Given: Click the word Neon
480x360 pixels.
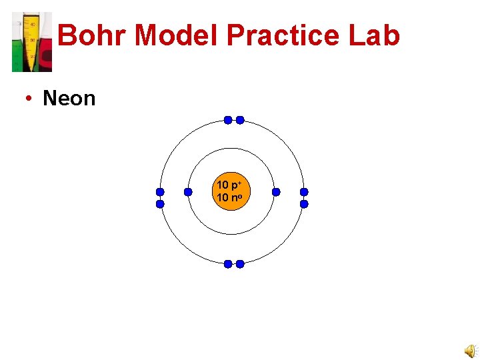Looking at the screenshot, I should click(69, 99).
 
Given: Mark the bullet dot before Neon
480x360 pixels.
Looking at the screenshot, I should click(29, 99).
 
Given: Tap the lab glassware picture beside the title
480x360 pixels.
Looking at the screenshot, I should click(31, 42).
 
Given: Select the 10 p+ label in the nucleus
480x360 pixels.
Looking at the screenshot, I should click(230, 185).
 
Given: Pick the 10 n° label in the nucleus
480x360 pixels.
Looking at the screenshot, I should click(230, 197).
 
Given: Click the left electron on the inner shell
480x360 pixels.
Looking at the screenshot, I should click(188, 192).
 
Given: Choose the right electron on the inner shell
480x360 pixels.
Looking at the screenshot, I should click(276, 192).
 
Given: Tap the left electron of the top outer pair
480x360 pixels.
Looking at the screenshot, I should click(227, 120).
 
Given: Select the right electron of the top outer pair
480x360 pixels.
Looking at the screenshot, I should click(240, 120).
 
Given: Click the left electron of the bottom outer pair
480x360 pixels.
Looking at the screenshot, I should click(227, 264).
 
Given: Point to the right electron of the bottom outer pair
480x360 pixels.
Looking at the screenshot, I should click(240, 264).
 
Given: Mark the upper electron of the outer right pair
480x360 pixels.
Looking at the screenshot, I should click(304, 192).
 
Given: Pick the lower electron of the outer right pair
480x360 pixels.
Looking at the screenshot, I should click(304, 204).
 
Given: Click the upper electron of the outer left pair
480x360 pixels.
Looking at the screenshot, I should click(160, 192).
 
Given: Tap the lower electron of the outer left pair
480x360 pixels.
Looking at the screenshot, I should click(160, 204).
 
